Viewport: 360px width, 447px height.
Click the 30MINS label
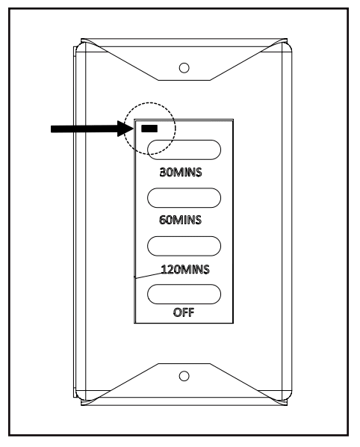pyautogui.click(x=181, y=172)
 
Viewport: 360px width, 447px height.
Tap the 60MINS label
pyautogui.click(x=180, y=220)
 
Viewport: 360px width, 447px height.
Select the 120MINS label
pyautogui.click(x=185, y=269)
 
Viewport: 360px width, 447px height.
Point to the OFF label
pyautogui.click(x=184, y=312)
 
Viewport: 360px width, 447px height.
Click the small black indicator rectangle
pyautogui.click(x=149, y=129)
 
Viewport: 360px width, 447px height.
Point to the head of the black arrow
pyautogui.click(x=133, y=129)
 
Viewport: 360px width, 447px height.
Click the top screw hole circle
pyautogui.click(x=184, y=68)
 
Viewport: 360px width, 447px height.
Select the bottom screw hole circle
pyautogui.click(x=184, y=376)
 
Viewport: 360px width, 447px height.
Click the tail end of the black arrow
pyautogui.click(x=52, y=129)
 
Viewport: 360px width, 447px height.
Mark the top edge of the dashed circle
pyautogui.click(x=149, y=102)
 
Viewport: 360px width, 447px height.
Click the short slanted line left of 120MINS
pyautogui.click(x=149, y=275)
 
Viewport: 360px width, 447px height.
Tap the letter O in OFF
pyautogui.click(x=177, y=312)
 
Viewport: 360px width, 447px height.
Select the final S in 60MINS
pyautogui.click(x=198, y=220)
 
